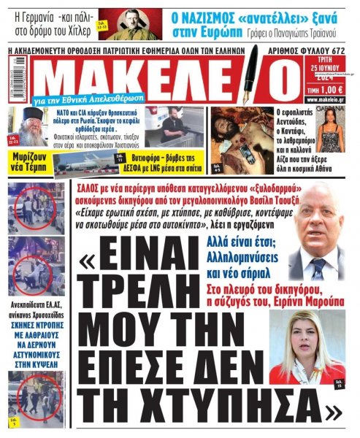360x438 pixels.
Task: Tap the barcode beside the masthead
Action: tap(12, 82)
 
